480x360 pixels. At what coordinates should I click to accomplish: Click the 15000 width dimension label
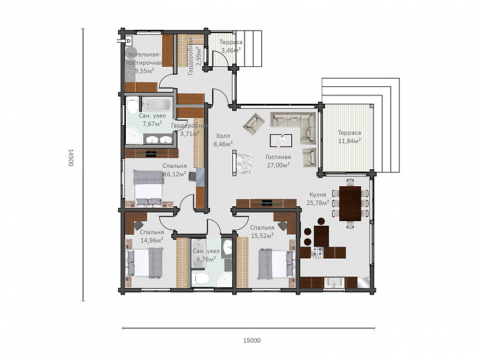click(x=252, y=341)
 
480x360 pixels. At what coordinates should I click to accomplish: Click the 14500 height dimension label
click(x=71, y=158)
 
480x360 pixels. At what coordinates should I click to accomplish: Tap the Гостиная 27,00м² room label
click(x=278, y=161)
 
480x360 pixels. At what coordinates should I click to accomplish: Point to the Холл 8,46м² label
click(x=223, y=140)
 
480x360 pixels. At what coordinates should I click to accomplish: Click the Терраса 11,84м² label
click(x=349, y=137)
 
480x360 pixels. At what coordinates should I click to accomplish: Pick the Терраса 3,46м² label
click(x=231, y=46)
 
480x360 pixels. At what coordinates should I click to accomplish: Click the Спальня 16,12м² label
click(x=174, y=170)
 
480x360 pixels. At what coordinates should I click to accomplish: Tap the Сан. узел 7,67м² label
click(x=152, y=120)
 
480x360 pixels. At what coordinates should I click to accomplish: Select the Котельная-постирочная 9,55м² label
click(x=144, y=63)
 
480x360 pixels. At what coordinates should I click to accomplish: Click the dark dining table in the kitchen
click(x=350, y=204)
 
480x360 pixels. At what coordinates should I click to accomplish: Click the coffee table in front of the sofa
click(x=281, y=141)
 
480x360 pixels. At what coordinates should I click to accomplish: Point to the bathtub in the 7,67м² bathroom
click(x=157, y=104)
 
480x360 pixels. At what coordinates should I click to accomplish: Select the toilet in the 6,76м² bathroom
click(x=201, y=278)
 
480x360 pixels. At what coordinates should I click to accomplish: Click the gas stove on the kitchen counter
click(x=317, y=252)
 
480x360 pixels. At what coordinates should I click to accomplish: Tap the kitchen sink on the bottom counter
click(x=334, y=283)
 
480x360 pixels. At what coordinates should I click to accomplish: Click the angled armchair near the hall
click(x=254, y=123)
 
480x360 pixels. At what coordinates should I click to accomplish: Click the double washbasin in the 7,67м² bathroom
click(x=158, y=139)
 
